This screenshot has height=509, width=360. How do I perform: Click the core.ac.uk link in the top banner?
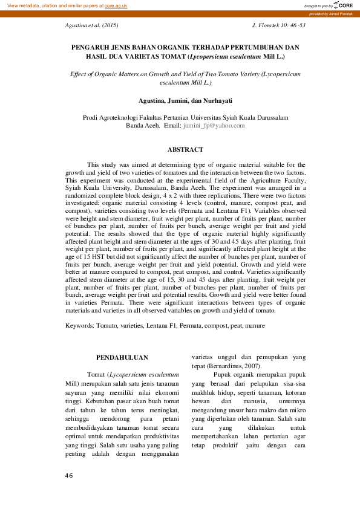116,5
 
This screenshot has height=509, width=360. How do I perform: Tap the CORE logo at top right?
344,5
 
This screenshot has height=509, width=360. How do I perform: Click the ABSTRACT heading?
185,149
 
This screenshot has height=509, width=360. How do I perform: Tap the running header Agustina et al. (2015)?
91,26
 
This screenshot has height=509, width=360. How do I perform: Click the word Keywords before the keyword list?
79,325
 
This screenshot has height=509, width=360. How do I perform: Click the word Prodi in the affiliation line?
90,117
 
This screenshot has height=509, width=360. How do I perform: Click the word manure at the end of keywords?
255,325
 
